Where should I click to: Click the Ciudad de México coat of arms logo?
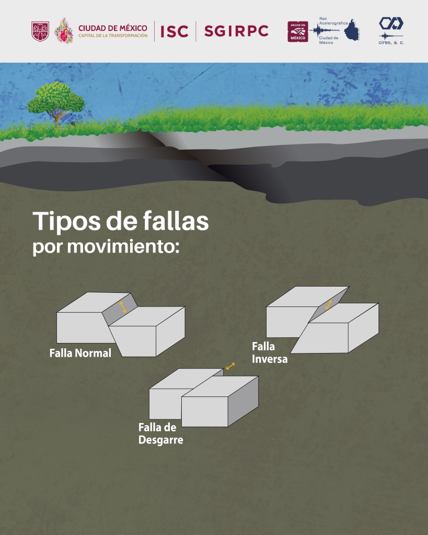tap(40, 31)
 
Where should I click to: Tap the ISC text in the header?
tap(174, 31)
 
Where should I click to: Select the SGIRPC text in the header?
tap(236, 31)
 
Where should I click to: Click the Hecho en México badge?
tap(297, 31)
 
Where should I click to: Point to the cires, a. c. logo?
tap(391, 30)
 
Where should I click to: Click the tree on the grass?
tap(55, 103)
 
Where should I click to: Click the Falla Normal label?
tap(80, 353)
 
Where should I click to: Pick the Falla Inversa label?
tap(269, 352)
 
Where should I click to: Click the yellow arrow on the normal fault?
tap(122, 308)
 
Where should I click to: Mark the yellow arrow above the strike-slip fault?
tap(230, 367)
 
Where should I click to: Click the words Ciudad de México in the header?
tap(112, 28)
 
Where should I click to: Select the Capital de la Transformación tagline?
tap(112, 36)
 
